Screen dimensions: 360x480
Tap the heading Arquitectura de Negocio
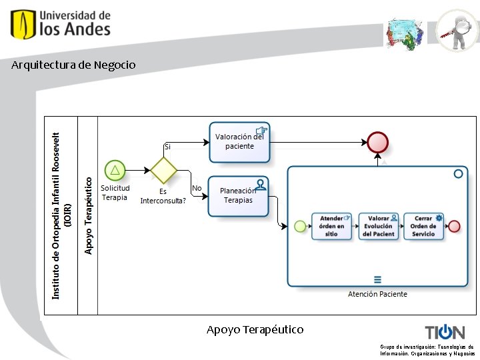(x=73, y=65)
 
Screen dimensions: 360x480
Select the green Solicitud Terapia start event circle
(x=115, y=170)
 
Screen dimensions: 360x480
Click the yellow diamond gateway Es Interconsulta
(x=163, y=170)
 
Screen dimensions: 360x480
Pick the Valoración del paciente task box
(x=239, y=142)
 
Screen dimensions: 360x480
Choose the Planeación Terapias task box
(x=238, y=196)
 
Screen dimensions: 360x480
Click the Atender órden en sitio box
(x=333, y=226)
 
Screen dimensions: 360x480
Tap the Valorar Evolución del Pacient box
(x=378, y=226)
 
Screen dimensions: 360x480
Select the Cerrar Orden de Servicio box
(x=423, y=226)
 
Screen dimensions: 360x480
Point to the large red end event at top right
(x=377, y=142)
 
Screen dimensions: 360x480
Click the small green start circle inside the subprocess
(x=300, y=226)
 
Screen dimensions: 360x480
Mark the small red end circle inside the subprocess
(x=455, y=226)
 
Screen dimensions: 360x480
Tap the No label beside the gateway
(x=197, y=189)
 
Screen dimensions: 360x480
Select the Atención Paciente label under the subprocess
(x=377, y=294)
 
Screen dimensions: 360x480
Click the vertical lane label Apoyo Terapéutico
(x=89, y=215)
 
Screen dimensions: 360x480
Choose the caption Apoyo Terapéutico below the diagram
(x=255, y=330)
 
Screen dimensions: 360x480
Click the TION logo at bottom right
(x=445, y=332)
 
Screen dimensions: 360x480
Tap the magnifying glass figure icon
(x=457, y=30)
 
